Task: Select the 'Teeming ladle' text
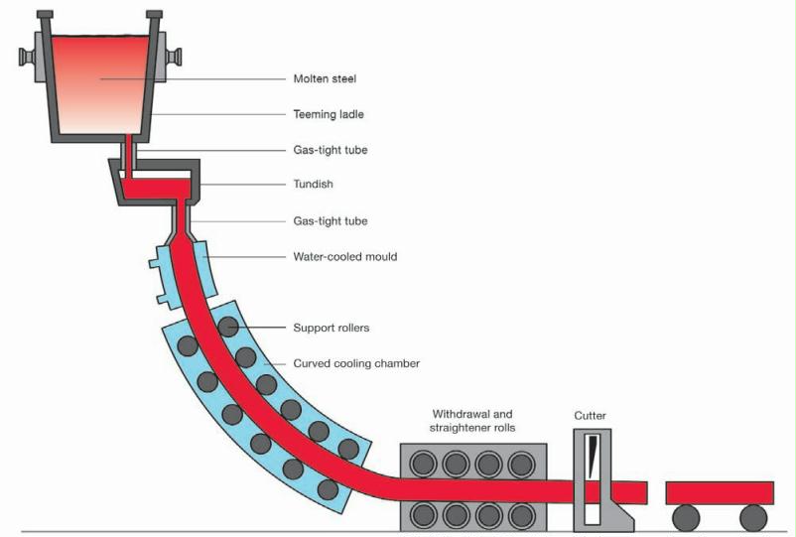(329, 114)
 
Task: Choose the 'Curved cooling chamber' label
(356, 363)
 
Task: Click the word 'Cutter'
(590, 415)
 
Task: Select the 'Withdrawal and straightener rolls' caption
(472, 420)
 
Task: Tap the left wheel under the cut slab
(686, 517)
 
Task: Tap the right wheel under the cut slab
(753, 517)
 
